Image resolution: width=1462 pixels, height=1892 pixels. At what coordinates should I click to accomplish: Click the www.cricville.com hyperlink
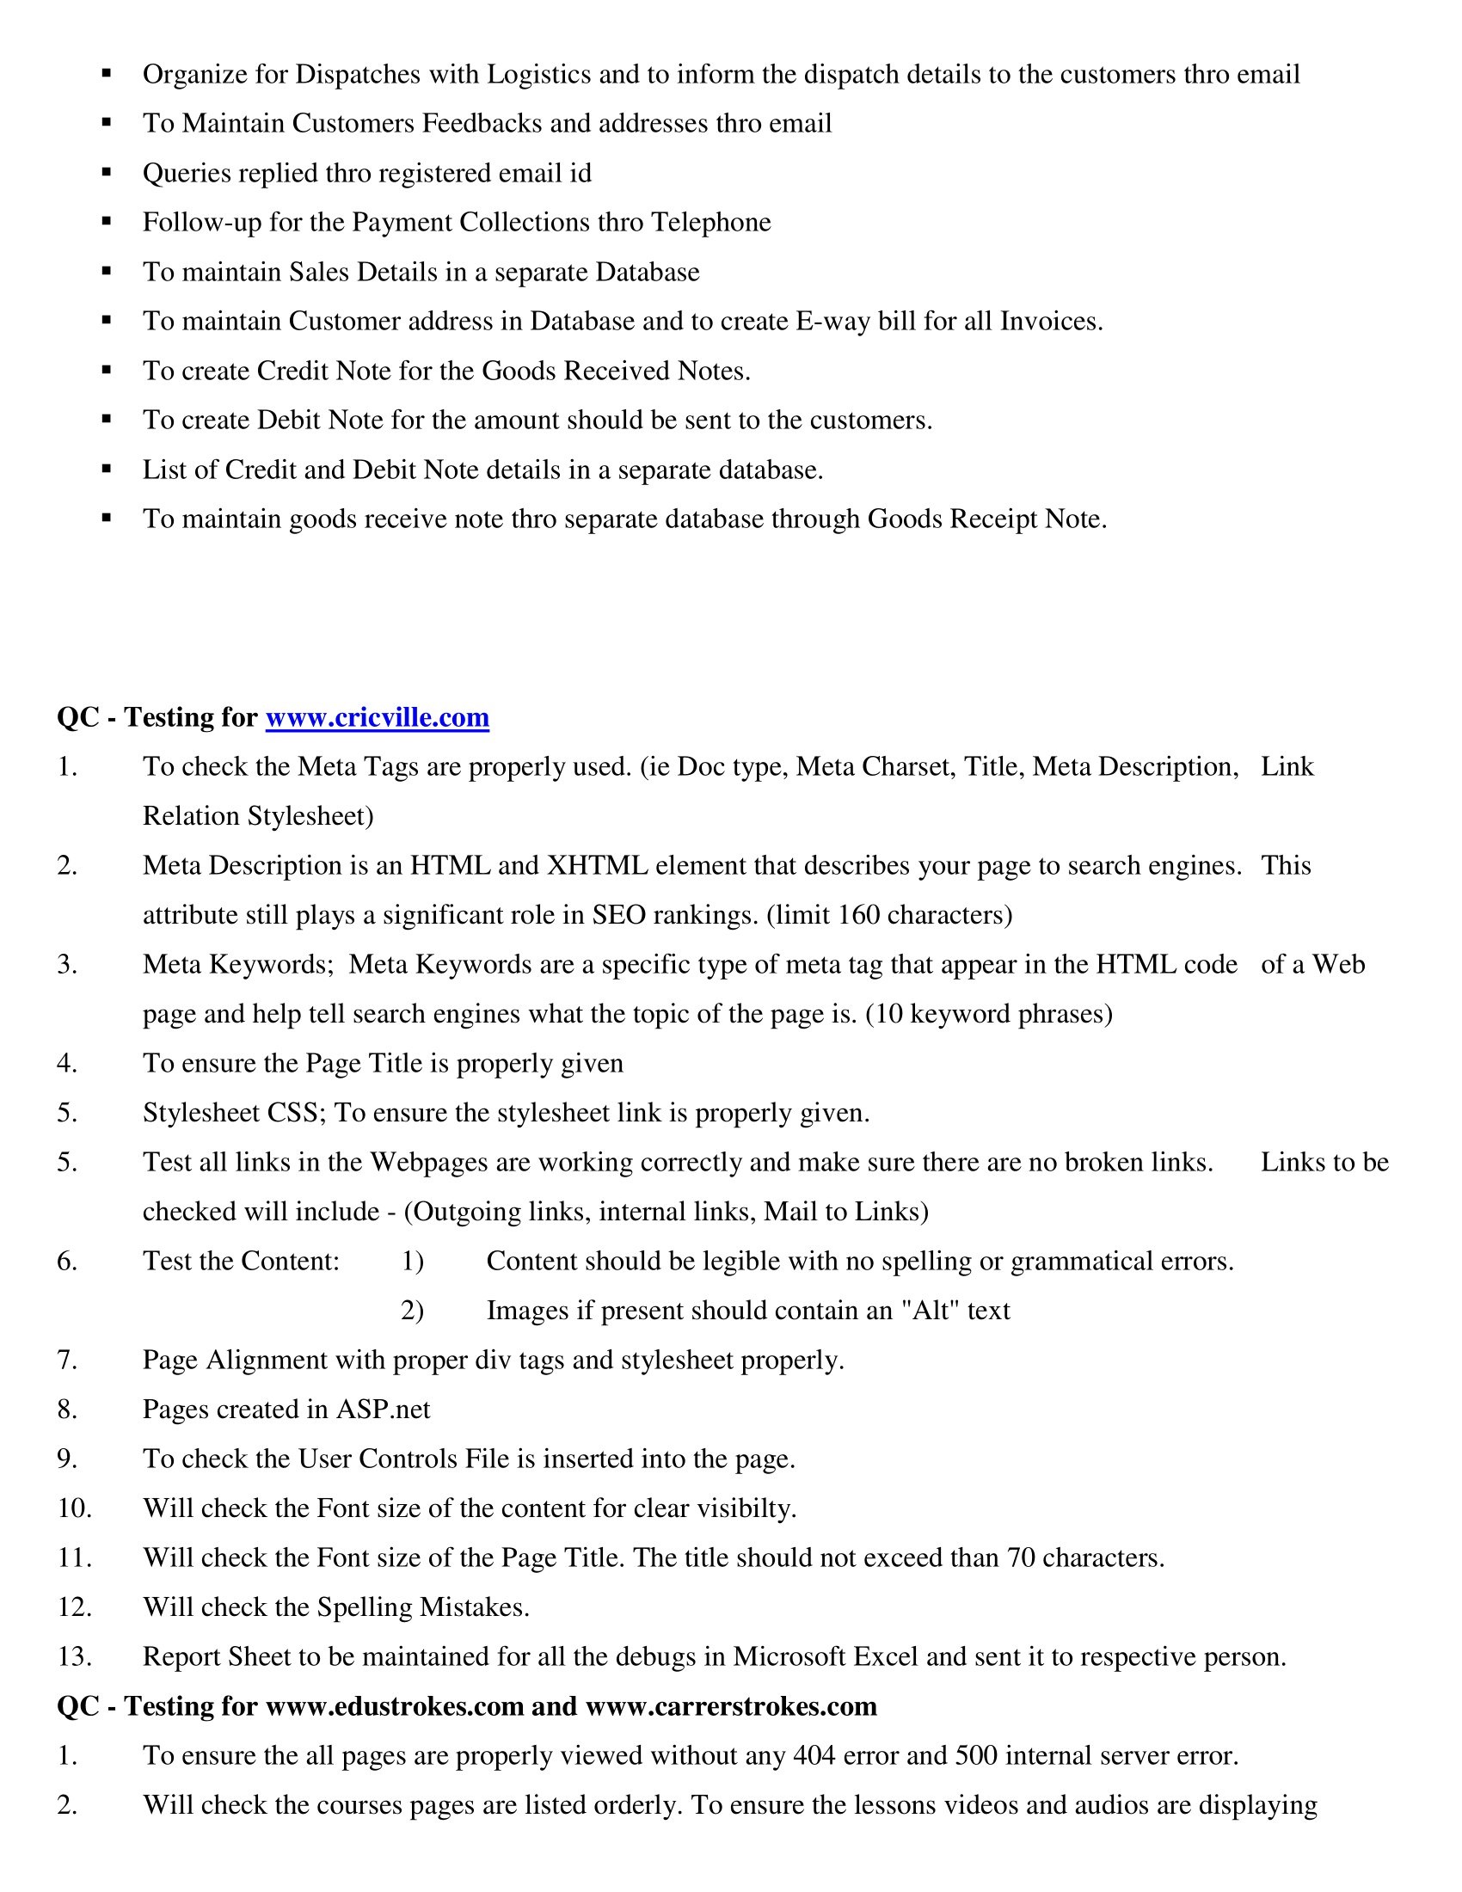point(377,717)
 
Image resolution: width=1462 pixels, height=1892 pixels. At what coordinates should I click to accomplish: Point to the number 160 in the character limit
point(858,915)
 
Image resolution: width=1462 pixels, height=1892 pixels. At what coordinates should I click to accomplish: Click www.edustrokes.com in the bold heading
point(394,1705)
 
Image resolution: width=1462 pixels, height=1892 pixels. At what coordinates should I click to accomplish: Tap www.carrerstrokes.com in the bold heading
point(731,1705)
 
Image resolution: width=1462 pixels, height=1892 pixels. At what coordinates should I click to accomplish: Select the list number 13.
point(74,1656)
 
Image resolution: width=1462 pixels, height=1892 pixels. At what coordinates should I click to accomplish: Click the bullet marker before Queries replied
point(107,172)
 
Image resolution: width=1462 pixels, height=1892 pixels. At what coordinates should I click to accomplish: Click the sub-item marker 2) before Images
point(412,1310)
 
